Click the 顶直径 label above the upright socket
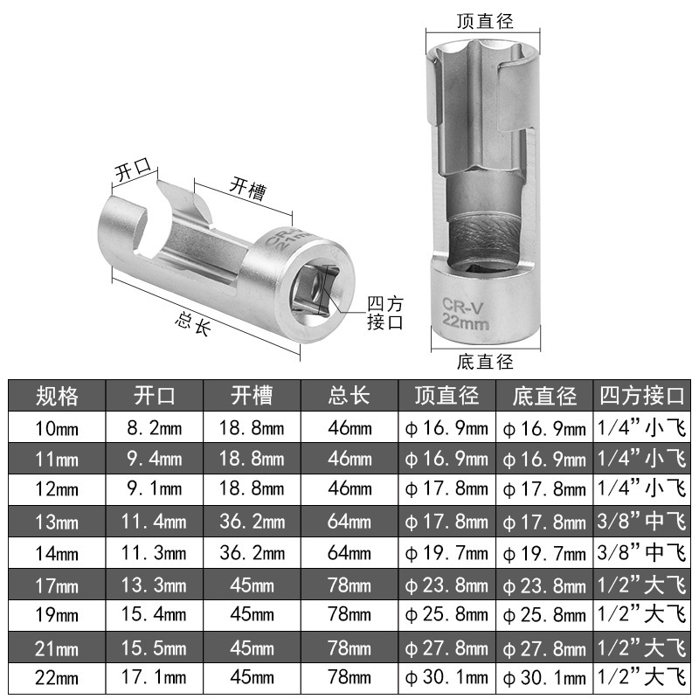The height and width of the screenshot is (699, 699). click(485, 21)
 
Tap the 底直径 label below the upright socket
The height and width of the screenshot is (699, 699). click(485, 362)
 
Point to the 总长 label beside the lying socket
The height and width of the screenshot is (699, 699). click(192, 324)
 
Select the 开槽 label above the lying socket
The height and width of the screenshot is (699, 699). click(248, 189)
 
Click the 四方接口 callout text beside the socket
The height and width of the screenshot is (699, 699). click(385, 313)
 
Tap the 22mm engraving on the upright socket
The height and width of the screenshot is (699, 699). click(466, 322)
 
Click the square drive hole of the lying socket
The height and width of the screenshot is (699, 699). click(315, 290)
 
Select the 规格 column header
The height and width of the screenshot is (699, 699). click(57, 396)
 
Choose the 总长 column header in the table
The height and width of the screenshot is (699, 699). click(349, 396)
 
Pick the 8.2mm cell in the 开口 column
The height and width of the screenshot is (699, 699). click(155, 428)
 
